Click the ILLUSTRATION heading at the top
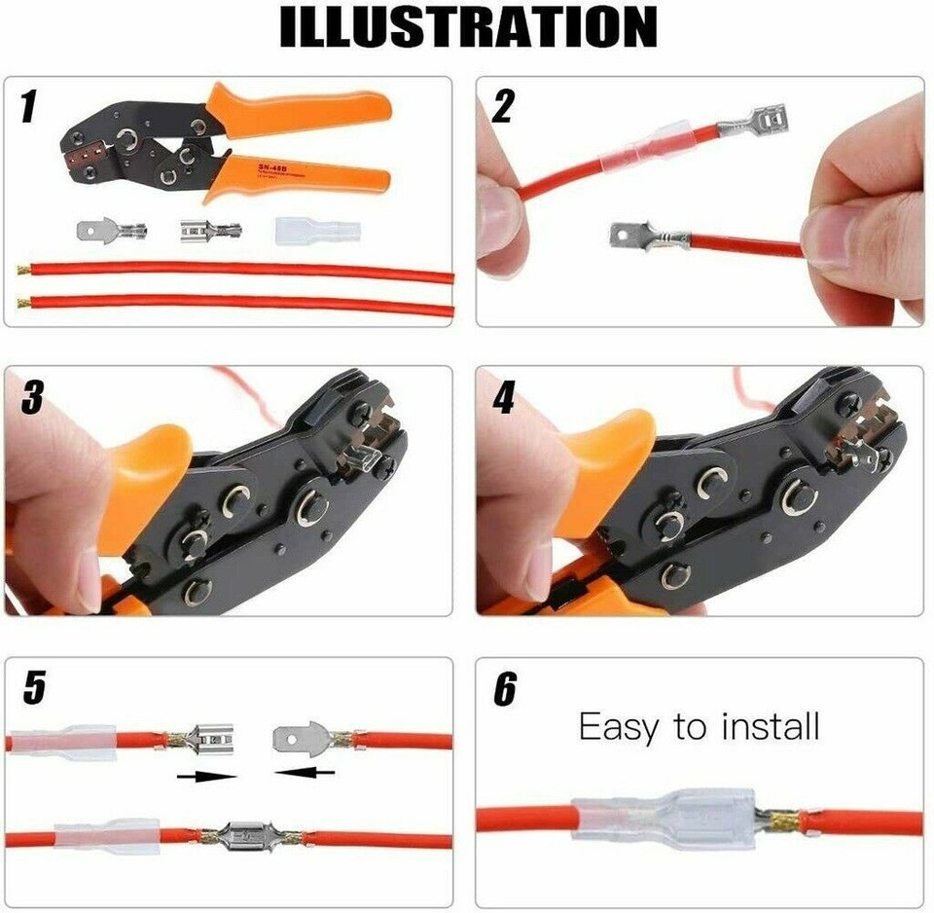(x=467, y=27)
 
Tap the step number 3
(x=32, y=396)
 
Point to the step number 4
(x=503, y=396)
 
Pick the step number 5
(x=33, y=688)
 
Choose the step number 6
(x=504, y=688)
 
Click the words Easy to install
(x=700, y=726)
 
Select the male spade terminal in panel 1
(x=111, y=233)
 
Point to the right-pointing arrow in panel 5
(x=207, y=776)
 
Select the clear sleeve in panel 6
(x=662, y=819)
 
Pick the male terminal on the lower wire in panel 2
(x=642, y=235)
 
